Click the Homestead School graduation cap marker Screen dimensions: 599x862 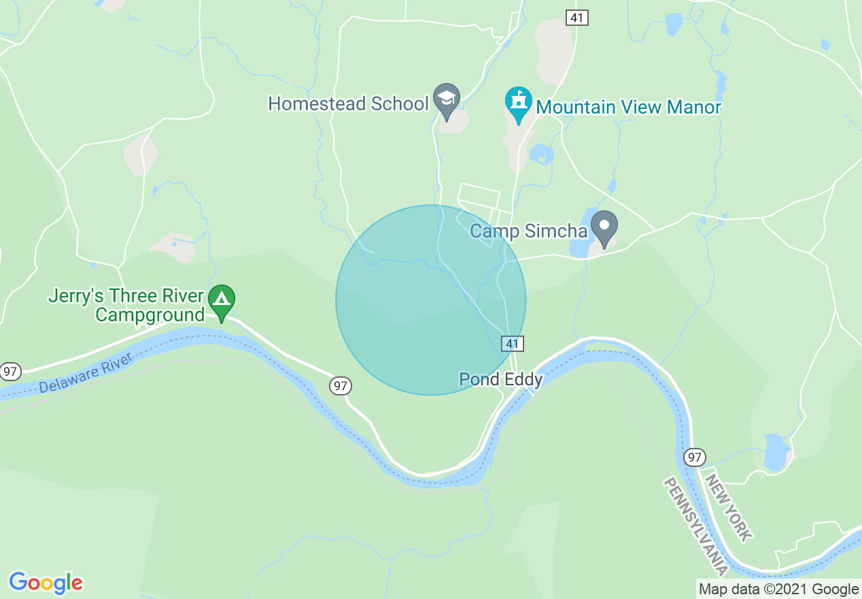[447, 100]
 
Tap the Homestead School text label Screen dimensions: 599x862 [348, 103]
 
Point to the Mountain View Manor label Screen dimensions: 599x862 [628, 108]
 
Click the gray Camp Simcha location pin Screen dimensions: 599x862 [604, 227]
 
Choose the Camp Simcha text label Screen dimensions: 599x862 [528, 231]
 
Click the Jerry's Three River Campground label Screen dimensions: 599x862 [126, 306]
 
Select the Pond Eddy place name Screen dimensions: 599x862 [500, 379]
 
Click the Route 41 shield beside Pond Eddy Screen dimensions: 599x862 [513, 344]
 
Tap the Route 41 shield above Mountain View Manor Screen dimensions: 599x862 [577, 18]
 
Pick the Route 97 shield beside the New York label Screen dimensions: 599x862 [694, 457]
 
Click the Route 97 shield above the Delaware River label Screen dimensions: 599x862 [10, 371]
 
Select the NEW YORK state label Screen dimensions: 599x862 [729, 508]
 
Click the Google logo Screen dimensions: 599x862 [46, 583]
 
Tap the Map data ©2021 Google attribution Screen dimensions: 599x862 [779, 589]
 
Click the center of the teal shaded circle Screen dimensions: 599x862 [431, 300]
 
